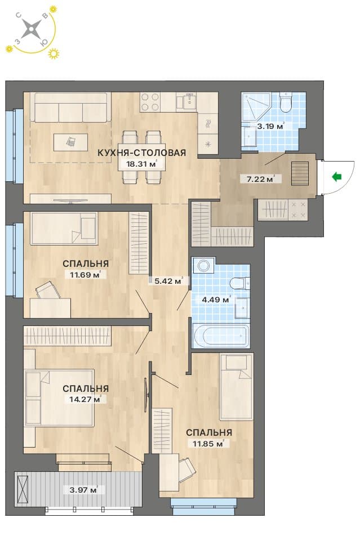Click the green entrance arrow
337,177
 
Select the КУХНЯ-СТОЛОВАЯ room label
141,153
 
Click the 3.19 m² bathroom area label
270,126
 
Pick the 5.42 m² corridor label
168,281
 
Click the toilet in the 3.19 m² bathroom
285,102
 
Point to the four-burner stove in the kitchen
149,101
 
